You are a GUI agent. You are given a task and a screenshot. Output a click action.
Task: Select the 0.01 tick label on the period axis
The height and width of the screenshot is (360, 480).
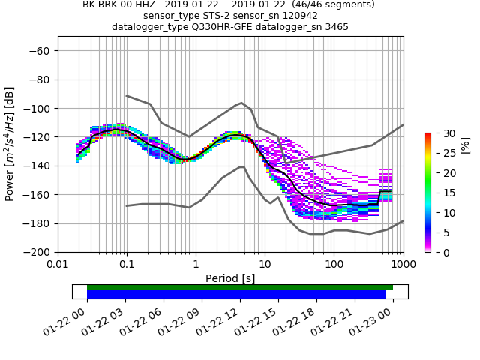click(58, 265)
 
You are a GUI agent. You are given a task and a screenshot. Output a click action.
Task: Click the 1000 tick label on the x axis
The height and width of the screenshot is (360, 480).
click(403, 265)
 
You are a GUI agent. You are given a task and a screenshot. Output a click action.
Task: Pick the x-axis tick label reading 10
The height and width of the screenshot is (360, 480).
click(265, 265)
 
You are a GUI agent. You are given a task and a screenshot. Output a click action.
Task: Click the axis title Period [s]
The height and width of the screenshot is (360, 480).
click(230, 278)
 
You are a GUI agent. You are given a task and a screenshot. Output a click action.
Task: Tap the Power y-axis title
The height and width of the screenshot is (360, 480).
click(10, 144)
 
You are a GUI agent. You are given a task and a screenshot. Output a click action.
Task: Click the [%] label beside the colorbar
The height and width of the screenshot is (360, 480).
click(465, 144)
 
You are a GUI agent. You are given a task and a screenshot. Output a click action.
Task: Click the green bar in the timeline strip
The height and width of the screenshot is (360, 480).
click(240, 287)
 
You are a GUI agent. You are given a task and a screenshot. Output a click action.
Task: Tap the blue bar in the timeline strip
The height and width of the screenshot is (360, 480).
click(236, 295)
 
